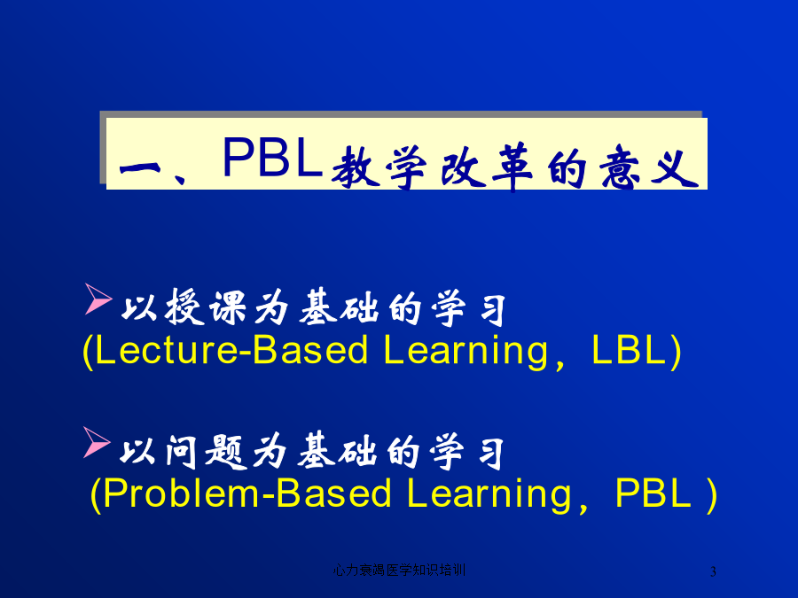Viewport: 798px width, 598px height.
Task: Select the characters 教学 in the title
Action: [x=379, y=167]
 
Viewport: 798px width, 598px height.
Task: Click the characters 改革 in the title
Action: [x=486, y=167]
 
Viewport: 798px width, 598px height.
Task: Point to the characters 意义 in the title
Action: [x=649, y=167]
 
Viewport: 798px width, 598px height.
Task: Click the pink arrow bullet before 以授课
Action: [x=98, y=299]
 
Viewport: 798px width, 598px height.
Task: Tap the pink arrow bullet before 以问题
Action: [x=97, y=442]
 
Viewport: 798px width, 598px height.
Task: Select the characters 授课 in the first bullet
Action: [x=206, y=307]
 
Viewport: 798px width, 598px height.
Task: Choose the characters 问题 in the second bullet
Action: [x=206, y=452]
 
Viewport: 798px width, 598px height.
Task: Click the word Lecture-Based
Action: [x=231, y=350]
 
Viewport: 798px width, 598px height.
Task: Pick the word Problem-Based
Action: [x=246, y=493]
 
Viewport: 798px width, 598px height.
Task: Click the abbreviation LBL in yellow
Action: [x=629, y=349]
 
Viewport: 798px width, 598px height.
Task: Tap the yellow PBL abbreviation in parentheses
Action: [x=653, y=493]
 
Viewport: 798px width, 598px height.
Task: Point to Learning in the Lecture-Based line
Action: [x=465, y=352]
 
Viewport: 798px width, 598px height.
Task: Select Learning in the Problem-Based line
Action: [x=489, y=495]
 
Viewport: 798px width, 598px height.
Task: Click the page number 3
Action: [x=713, y=571]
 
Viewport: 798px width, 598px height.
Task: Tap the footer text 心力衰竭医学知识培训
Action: [x=399, y=570]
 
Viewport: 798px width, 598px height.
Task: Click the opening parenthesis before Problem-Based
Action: [x=95, y=494]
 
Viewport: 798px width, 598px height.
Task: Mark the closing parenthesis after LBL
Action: [x=676, y=351]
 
